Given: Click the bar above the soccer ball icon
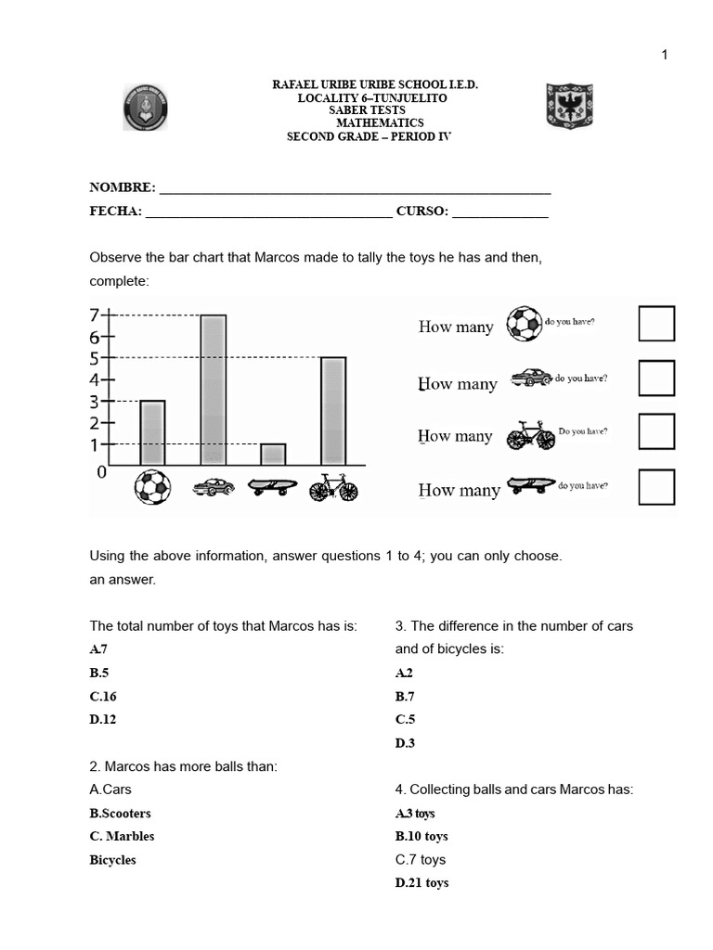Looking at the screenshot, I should pos(152,432).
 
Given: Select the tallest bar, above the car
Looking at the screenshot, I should pos(214,390).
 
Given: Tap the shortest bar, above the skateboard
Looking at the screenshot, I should pos(273,454).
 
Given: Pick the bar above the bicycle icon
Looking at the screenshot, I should pos(333,410).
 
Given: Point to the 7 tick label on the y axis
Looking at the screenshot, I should pos(95,315).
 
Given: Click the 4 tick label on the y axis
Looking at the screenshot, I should pos(95,379).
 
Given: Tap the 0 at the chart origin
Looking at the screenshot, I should pos(102,472).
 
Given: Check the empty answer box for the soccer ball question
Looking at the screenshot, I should pos(656,323).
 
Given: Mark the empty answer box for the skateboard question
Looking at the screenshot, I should pos(656,487).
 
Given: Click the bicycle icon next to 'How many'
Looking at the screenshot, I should pos(530,435).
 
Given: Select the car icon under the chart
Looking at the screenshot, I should pos(214,486).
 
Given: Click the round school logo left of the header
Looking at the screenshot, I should pos(146,108).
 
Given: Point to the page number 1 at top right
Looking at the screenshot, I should pos(665,55).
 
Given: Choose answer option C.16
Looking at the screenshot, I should pos(103,696).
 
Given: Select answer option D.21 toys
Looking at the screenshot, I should pos(421,882).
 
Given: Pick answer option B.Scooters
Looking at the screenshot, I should pos(120,813).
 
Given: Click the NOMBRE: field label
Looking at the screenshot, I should pos(123,187).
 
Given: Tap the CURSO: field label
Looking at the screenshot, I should pos(422,211).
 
